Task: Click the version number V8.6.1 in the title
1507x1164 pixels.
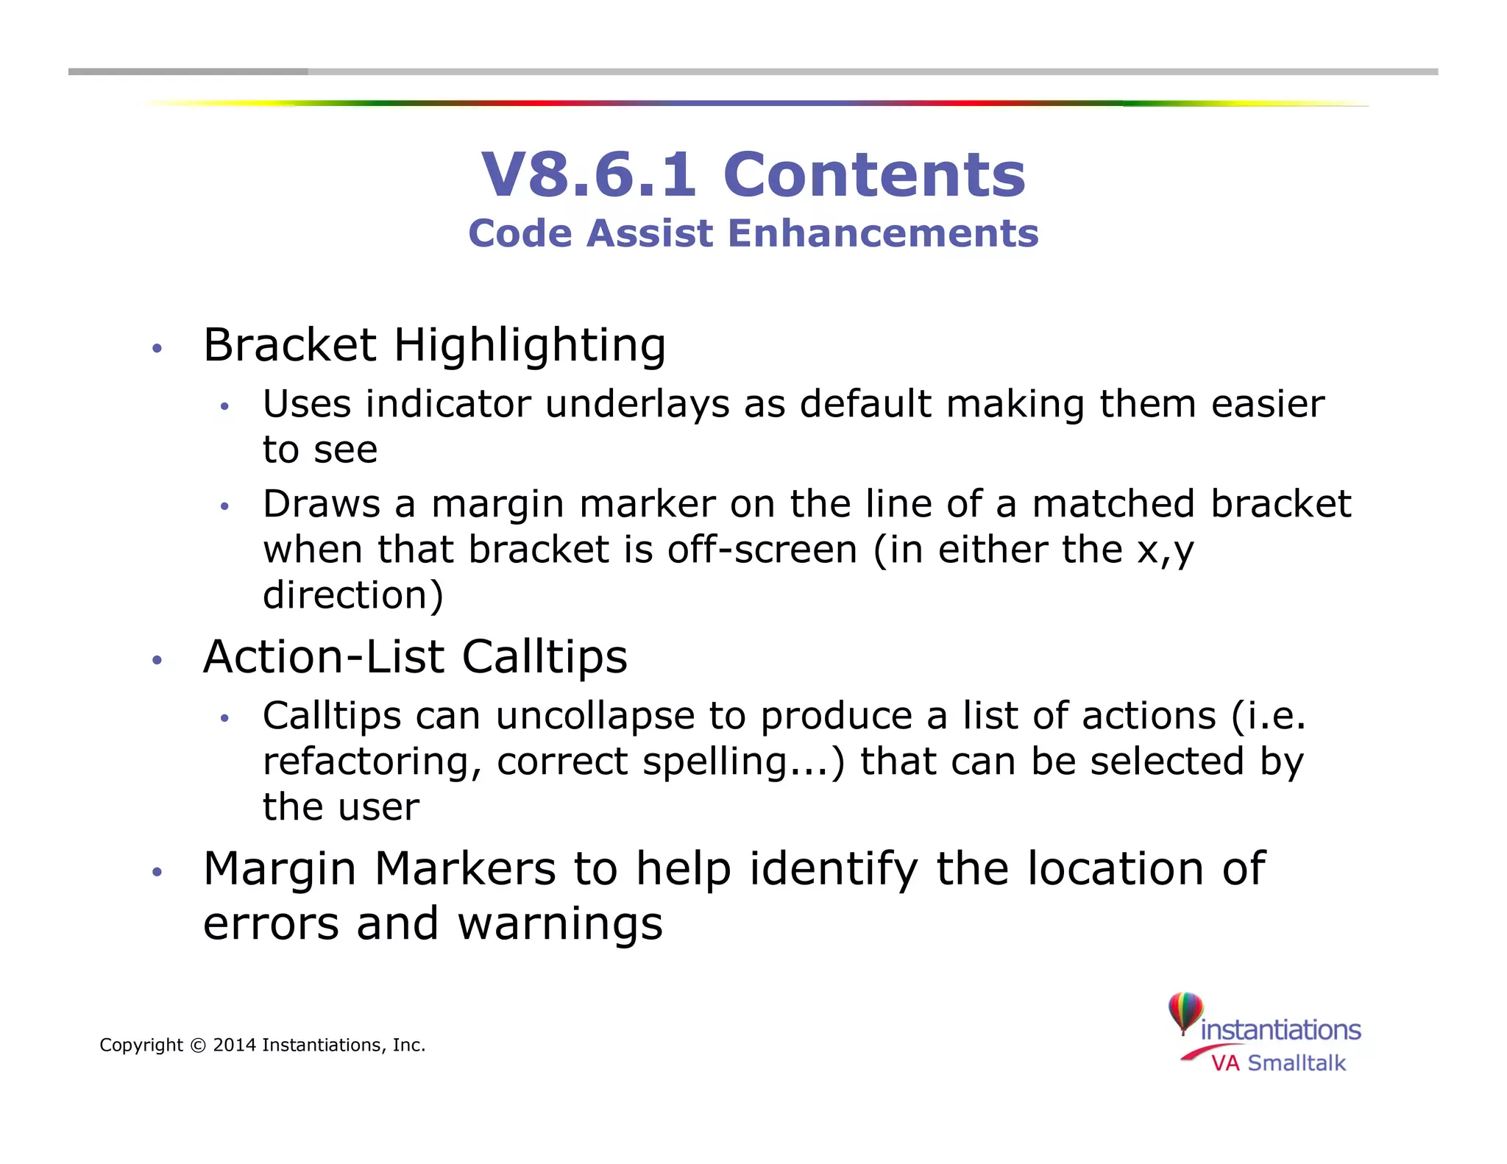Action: point(588,175)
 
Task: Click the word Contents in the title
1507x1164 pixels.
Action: point(874,175)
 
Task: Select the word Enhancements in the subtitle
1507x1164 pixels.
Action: point(883,233)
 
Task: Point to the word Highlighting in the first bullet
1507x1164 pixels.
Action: point(530,346)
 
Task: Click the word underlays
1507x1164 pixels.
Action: point(637,405)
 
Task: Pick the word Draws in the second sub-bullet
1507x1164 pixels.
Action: point(322,504)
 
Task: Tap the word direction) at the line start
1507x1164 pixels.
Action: point(353,595)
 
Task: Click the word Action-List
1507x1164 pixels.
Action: point(324,656)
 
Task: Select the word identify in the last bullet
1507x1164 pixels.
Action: point(834,870)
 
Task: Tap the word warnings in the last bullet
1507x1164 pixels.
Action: point(560,924)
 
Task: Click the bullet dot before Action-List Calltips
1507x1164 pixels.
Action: point(156,660)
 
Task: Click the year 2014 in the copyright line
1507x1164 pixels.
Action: point(234,1045)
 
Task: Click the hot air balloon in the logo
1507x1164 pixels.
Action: point(1185,1012)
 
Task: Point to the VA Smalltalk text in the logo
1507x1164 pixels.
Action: point(1278,1063)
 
